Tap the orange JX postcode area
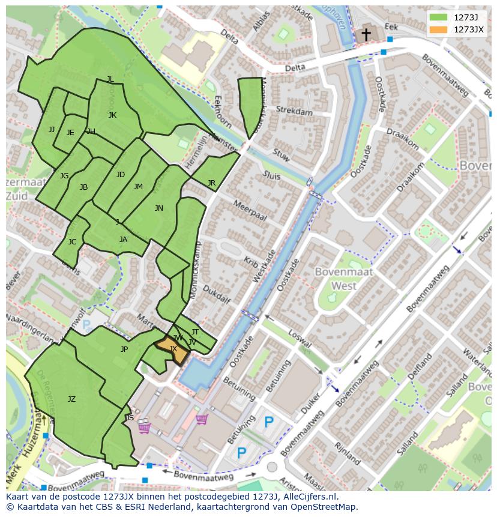pyautogui.click(x=175, y=350)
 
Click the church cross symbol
pyautogui.click(x=366, y=35)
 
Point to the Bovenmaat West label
pyautogui.click(x=344, y=279)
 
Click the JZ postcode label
pyautogui.click(x=71, y=399)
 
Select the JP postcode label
pyautogui.click(x=124, y=349)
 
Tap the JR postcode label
pyautogui.click(x=211, y=183)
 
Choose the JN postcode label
pyautogui.click(x=158, y=208)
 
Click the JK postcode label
pyautogui.click(x=112, y=115)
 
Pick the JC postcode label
pyautogui.click(x=72, y=242)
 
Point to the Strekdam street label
pyautogui.click(x=294, y=111)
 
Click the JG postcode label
pyautogui.click(x=64, y=176)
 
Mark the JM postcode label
pyautogui.click(x=138, y=187)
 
